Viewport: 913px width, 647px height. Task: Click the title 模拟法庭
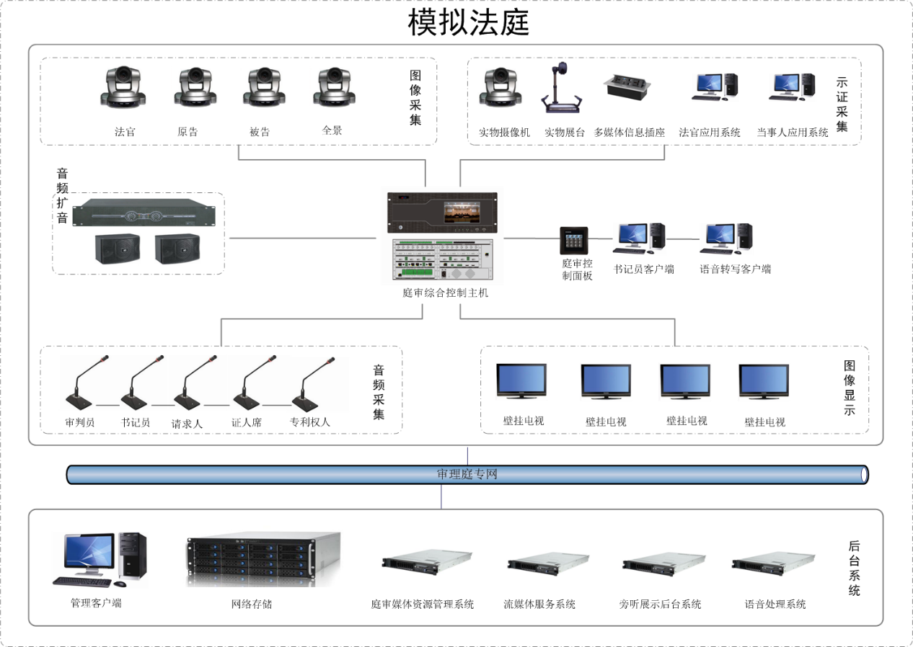[469, 22]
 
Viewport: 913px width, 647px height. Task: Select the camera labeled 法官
[124, 89]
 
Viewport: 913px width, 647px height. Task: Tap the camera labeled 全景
[331, 88]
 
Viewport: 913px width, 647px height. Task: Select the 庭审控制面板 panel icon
[574, 241]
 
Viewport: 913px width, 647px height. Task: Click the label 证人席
[246, 423]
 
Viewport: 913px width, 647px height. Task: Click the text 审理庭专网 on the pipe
[467, 474]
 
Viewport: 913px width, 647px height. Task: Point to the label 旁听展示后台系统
[660, 604]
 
